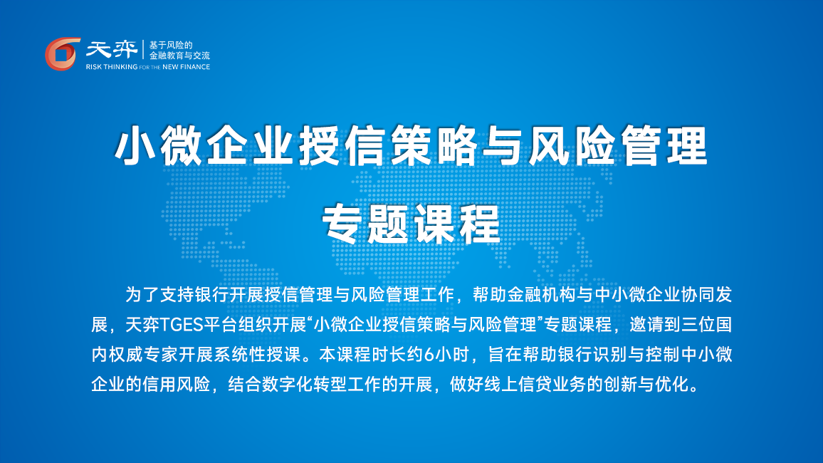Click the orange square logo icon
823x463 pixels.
(63, 53)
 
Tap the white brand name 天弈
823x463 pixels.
(111, 50)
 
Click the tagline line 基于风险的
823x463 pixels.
(171, 45)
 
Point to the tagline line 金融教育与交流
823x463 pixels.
(179, 55)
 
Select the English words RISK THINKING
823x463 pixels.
(111, 67)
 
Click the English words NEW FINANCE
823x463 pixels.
(186, 67)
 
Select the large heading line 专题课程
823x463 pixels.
(411, 224)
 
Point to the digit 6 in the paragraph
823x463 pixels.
(429, 355)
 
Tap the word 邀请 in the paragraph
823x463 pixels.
(646, 325)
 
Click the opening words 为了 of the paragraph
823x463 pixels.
(142, 295)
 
